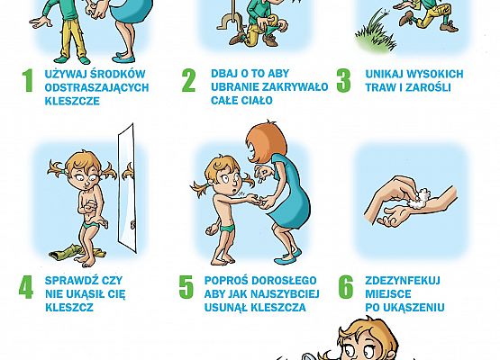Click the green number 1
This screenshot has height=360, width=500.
(x=26, y=82)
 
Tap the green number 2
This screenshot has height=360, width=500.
(x=188, y=81)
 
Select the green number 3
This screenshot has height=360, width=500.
(x=343, y=80)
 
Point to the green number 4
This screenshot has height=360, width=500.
(x=26, y=286)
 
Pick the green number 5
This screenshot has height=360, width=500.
(x=186, y=287)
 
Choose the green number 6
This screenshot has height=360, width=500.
(x=345, y=287)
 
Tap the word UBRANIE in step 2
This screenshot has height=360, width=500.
(x=231, y=88)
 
